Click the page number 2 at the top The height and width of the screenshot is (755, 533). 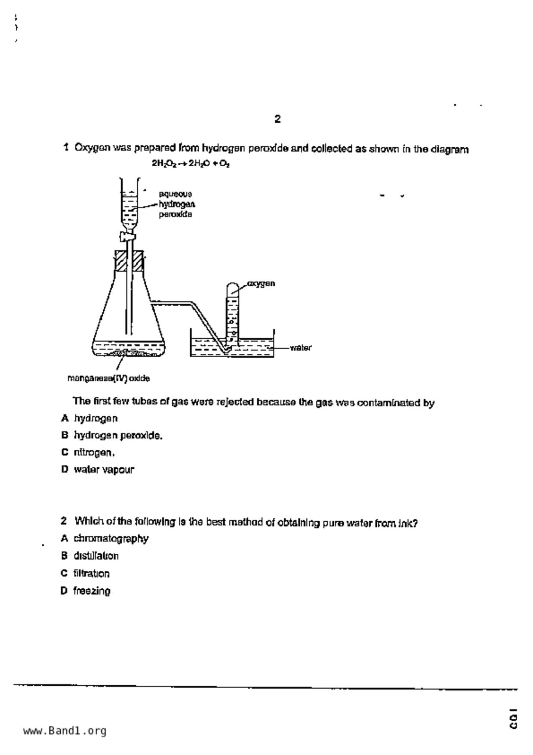click(277, 119)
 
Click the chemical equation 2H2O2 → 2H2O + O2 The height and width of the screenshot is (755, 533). click(190, 164)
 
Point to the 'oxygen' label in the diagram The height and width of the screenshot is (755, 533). click(261, 284)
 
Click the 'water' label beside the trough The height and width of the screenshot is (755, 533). click(301, 348)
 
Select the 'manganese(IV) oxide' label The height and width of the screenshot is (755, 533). click(109, 379)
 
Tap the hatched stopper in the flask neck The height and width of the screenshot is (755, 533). click(129, 260)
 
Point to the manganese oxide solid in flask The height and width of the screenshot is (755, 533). click(129, 354)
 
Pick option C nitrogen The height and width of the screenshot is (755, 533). click(94, 453)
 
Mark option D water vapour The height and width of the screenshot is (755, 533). click(104, 470)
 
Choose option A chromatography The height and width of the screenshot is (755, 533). click(111, 539)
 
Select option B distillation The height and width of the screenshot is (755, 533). click(96, 556)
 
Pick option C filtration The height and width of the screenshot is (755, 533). click(91, 574)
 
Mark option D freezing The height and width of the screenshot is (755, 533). click(92, 591)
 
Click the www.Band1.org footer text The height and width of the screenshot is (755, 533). click(65, 731)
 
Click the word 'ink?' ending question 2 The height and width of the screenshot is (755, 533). click(408, 524)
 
